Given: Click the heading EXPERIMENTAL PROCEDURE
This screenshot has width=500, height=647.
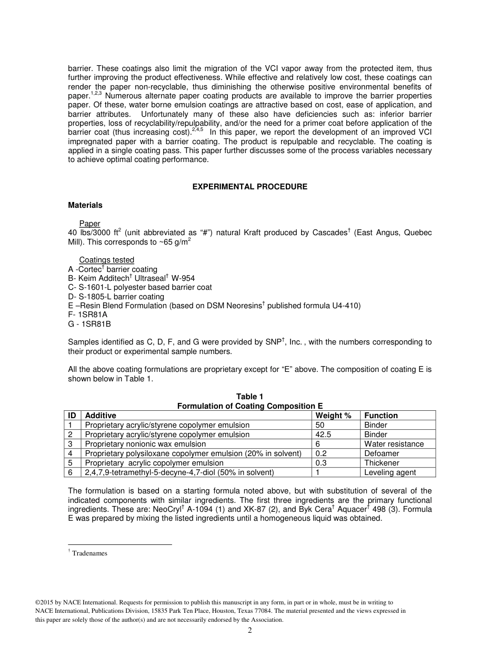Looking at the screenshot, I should tap(249, 187).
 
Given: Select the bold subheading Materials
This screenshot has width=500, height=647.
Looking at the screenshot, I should tap(85, 205).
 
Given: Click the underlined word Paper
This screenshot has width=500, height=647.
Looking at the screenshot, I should tap(89, 224).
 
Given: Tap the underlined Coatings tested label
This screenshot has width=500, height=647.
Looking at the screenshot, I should tap(106, 260).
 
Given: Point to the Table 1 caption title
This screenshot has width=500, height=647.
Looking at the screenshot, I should tap(249, 397).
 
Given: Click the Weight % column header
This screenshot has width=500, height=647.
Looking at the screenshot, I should tap(333, 416).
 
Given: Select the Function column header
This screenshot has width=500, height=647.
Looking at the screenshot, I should tap(381, 416).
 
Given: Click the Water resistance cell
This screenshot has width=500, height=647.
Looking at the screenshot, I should tap(394, 444).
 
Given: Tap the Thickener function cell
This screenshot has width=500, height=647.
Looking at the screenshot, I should tap(382, 463).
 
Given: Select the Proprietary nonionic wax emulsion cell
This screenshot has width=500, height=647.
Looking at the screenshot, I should tap(145, 444).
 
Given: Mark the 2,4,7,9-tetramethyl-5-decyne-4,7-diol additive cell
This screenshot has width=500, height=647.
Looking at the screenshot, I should tap(179, 472).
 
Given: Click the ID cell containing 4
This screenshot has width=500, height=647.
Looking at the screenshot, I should tap(71, 453).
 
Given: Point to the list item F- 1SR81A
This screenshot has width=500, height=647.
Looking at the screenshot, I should tap(89, 315).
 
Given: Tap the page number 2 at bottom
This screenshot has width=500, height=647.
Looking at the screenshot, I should tap(250, 631).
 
